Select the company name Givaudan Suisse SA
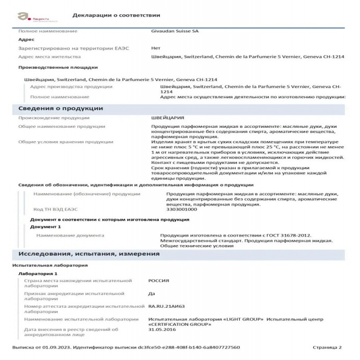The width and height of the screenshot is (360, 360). pyautogui.click(x=174, y=31)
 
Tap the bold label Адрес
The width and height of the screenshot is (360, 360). pyautogui.click(x=26, y=40)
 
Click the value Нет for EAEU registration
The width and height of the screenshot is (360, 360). pyautogui.click(x=156, y=48)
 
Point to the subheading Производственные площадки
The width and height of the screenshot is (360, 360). pyautogui.click(x=58, y=67)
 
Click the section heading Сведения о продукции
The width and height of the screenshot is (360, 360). pyautogui.click(x=60, y=108)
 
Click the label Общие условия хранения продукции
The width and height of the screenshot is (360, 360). pyautogui.click(x=65, y=142)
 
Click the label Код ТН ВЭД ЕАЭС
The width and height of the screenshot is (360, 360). pyautogui.click(x=55, y=209)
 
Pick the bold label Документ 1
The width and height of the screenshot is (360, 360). pyautogui.click(x=45, y=226)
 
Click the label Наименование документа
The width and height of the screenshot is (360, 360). pyautogui.click(x=70, y=235)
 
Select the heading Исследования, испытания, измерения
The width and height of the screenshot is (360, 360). pyautogui.click(x=89, y=254)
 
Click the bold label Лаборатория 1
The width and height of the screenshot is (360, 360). pyautogui.click(x=38, y=274)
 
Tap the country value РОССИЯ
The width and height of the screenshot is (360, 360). pyautogui.click(x=158, y=281)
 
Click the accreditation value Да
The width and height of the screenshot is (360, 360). pyautogui.click(x=152, y=293)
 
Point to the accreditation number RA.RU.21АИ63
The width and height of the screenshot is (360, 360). pyautogui.click(x=166, y=306)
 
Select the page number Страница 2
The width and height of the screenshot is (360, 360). pyautogui.click(x=327, y=347)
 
